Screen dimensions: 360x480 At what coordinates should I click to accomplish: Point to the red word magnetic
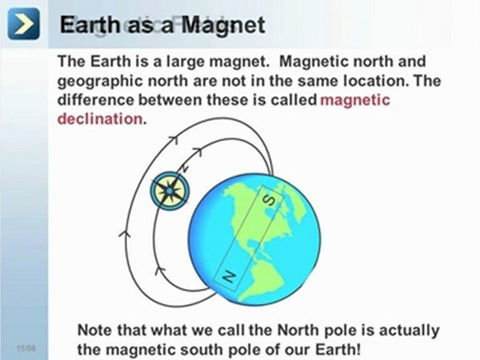[x=354, y=99]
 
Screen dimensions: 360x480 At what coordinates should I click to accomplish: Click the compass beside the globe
[x=169, y=191]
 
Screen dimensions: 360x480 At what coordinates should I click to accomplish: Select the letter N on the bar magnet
[x=228, y=275]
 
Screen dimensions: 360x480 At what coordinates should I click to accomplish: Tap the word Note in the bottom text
[x=95, y=330]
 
